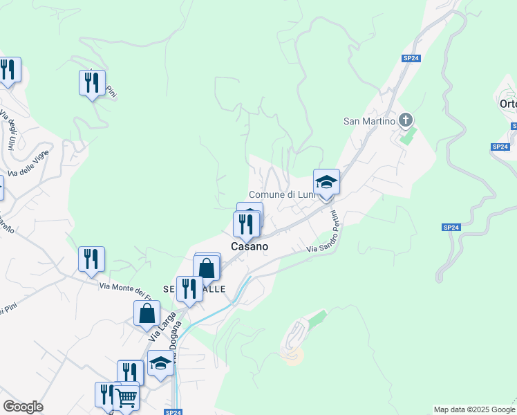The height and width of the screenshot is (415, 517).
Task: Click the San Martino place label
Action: click(x=369, y=121)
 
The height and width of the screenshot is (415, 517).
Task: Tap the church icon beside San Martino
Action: click(x=406, y=120)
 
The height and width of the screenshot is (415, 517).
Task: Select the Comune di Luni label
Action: click(x=281, y=195)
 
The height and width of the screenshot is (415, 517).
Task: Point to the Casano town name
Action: click(x=249, y=246)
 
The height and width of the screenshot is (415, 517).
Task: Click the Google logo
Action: click(x=23, y=407)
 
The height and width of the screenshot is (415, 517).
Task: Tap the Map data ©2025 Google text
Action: click(x=474, y=409)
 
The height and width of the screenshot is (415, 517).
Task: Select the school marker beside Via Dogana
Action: click(x=160, y=363)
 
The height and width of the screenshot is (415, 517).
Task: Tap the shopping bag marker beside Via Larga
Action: click(x=147, y=313)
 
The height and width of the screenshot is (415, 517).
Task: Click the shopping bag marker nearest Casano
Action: click(x=207, y=267)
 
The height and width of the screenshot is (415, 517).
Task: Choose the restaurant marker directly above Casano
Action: click(x=246, y=224)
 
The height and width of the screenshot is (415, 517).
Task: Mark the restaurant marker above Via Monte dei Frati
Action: click(x=91, y=259)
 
